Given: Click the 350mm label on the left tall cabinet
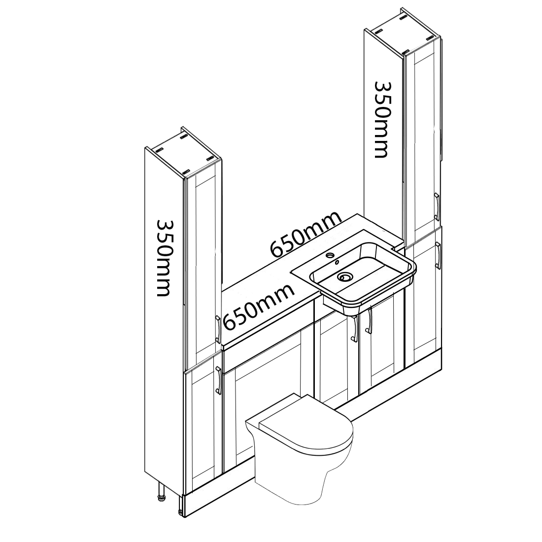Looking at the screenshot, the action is point(164,258).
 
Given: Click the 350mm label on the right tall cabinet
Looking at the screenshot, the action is point(381,119).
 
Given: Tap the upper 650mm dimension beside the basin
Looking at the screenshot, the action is point(305,235).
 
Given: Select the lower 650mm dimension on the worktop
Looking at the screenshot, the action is point(259,306).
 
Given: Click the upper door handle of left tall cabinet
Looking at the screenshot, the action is point(218,330).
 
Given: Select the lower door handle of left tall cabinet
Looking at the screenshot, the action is point(218,380).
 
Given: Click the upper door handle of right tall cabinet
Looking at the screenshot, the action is point(437,207).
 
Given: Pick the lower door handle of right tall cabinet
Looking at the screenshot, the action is point(438,256).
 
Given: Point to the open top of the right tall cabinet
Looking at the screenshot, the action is point(402,31).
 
